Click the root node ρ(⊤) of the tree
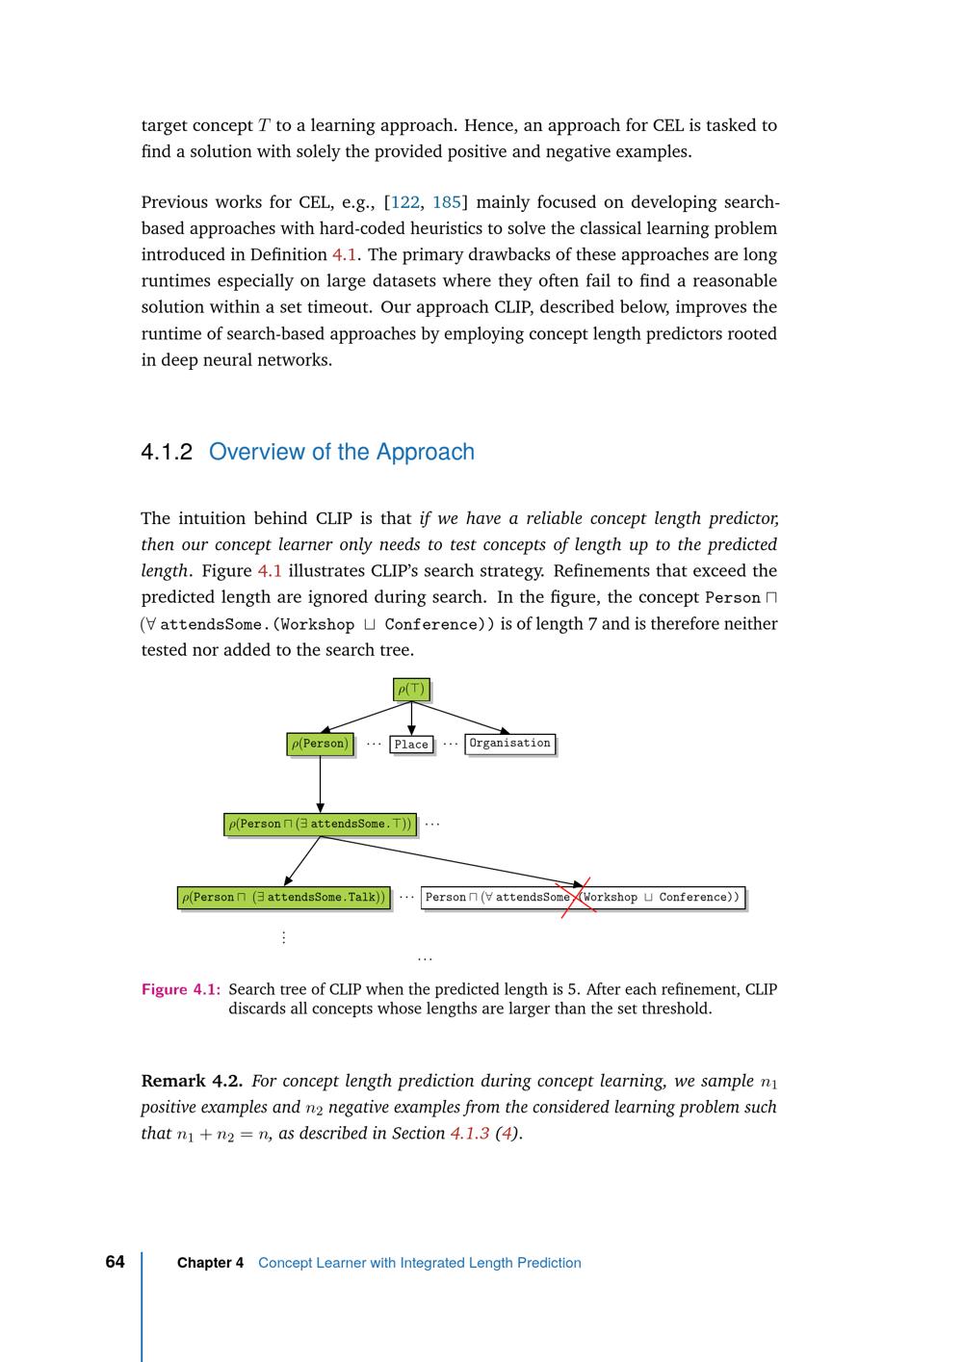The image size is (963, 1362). click(411, 689)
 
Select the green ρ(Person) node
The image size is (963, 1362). click(320, 744)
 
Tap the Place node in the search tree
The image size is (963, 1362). click(411, 745)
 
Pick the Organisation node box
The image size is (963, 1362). click(509, 744)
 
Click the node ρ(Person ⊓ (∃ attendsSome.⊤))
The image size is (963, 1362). click(320, 825)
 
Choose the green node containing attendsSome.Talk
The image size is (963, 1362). click(284, 898)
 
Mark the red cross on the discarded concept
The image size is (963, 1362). click(577, 897)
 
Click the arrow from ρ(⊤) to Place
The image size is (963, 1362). click(411, 719)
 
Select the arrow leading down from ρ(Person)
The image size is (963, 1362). click(320, 784)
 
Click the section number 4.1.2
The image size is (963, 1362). click(167, 452)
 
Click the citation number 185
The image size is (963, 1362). click(447, 202)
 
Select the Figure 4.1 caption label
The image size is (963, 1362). click(181, 989)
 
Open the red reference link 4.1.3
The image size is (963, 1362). click(469, 1134)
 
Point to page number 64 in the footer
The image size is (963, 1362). click(115, 1262)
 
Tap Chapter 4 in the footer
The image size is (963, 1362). click(210, 1263)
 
